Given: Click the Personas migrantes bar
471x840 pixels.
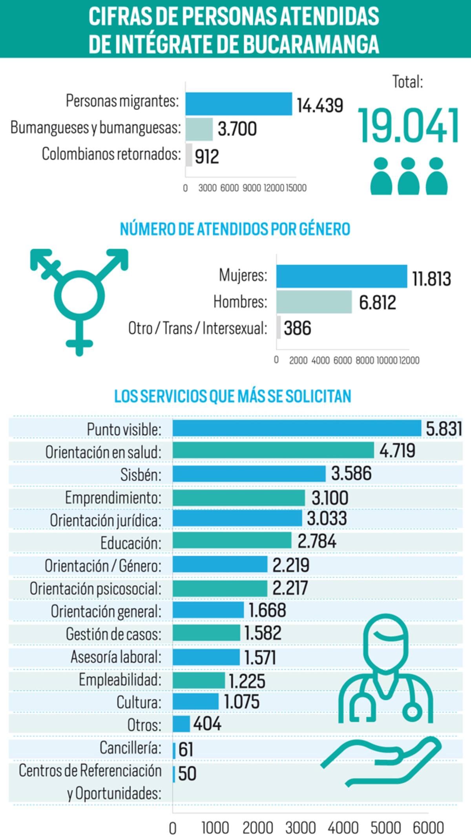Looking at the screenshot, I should point(239,104).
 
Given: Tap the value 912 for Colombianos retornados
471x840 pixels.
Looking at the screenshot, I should point(207,156).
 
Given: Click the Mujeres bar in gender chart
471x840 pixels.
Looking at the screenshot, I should point(341,276).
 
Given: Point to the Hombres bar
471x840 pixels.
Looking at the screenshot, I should point(314,302).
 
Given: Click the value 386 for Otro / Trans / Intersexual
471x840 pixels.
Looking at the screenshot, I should point(297,328).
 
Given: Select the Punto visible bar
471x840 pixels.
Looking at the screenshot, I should point(296,428).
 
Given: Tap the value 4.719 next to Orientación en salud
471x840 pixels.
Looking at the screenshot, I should point(397,451).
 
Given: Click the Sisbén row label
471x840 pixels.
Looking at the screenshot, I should point(141,475).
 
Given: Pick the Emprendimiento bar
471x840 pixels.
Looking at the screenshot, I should point(239,498).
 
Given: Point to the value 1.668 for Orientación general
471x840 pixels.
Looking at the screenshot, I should point(267,610).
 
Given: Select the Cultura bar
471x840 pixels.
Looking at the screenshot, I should point(195,701).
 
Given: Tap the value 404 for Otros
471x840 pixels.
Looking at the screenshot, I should point(207,724).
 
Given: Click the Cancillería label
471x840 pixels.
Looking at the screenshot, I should point(130,747).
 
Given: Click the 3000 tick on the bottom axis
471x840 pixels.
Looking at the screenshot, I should point(300,828).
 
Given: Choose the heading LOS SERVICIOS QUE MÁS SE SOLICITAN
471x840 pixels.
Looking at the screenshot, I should point(232,396).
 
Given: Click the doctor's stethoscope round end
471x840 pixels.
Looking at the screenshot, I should point(412,710).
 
